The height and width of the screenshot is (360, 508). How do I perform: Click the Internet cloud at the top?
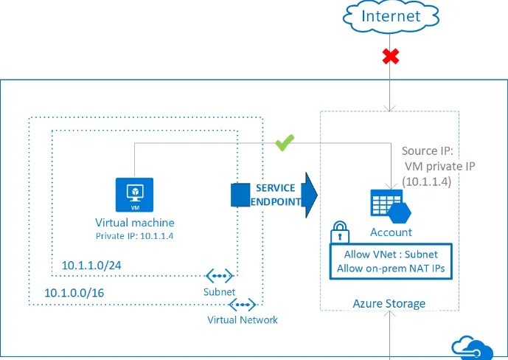click(x=390, y=16)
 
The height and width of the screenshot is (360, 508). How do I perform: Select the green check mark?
click(x=285, y=144)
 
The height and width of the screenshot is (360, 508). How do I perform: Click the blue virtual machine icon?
click(x=134, y=194)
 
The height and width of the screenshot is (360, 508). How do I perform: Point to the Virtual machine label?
click(x=134, y=222)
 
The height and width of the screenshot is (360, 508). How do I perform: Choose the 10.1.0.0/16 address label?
click(x=74, y=292)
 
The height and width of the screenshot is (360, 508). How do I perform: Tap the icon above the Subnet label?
click(x=219, y=277)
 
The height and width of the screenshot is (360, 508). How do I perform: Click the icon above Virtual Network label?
click(x=243, y=304)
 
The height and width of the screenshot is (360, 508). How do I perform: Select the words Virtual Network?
click(x=243, y=320)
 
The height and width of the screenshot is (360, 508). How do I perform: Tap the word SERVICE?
click(x=276, y=188)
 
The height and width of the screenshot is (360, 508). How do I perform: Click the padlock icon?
click(x=341, y=233)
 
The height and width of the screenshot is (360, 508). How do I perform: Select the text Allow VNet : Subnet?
click(x=390, y=255)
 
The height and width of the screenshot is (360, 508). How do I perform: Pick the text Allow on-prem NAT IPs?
click(x=390, y=269)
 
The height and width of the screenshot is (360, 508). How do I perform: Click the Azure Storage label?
click(x=389, y=303)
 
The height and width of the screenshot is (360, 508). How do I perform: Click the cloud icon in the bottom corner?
click(x=471, y=347)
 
